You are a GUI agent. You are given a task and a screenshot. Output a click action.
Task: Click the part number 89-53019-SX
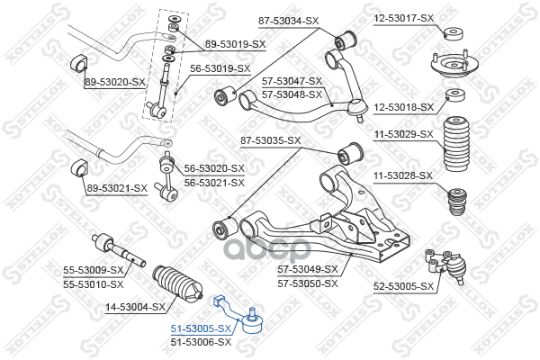coord(235,43)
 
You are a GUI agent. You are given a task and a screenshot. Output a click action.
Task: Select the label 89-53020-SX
coord(114,83)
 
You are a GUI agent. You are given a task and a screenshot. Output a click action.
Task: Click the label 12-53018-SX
coord(404,107)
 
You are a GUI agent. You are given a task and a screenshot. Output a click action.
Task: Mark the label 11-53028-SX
coord(404,175)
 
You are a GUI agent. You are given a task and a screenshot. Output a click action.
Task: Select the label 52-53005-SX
coord(404,286)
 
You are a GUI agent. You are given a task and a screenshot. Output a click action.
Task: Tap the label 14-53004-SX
coord(135,307)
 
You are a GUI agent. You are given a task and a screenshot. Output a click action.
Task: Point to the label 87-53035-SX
coord(270,140)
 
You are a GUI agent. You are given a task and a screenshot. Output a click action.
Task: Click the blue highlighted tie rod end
coord(242,316)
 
